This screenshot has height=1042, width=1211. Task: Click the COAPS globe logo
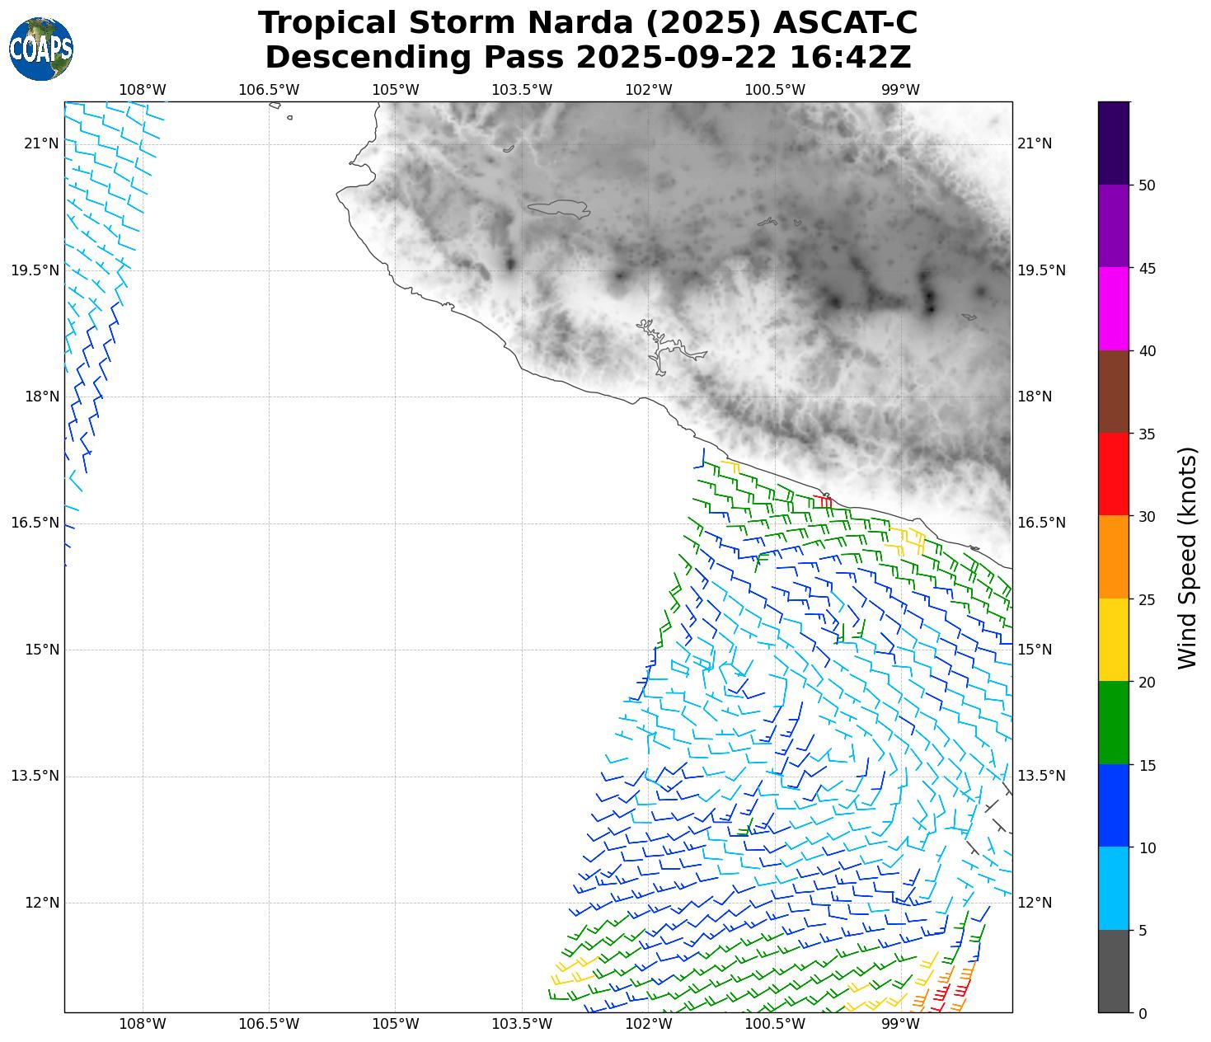click(x=41, y=49)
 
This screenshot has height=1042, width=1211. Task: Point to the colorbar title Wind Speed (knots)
click(x=1187, y=557)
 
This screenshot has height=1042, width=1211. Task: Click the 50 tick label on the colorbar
click(x=1146, y=185)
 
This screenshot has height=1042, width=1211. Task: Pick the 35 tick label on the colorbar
click(x=1146, y=434)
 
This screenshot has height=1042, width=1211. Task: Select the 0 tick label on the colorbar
click(x=1142, y=1013)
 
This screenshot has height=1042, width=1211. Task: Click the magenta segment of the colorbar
click(x=1114, y=309)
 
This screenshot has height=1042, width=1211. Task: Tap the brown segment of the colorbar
click(x=1114, y=392)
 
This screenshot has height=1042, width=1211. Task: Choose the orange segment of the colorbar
click(x=1114, y=557)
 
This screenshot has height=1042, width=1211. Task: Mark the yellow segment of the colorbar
click(x=1114, y=640)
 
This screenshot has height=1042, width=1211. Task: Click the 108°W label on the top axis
click(x=143, y=90)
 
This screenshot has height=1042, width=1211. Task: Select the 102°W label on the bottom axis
click(x=649, y=1025)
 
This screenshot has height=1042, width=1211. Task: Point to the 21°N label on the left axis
click(x=41, y=144)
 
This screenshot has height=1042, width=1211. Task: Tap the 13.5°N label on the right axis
click(x=1041, y=776)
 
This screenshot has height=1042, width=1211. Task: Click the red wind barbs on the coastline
click(x=823, y=500)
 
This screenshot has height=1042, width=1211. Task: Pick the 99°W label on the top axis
click(x=901, y=90)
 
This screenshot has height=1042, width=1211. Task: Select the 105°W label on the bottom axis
click(x=396, y=1025)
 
